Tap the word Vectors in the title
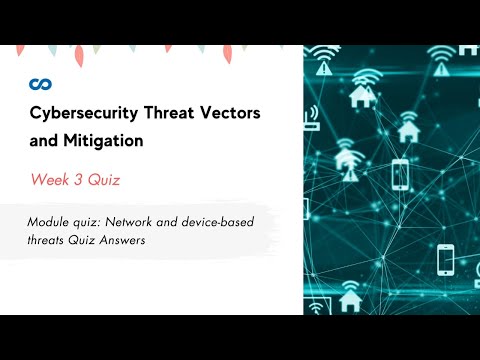235,115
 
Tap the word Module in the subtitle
49,222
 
